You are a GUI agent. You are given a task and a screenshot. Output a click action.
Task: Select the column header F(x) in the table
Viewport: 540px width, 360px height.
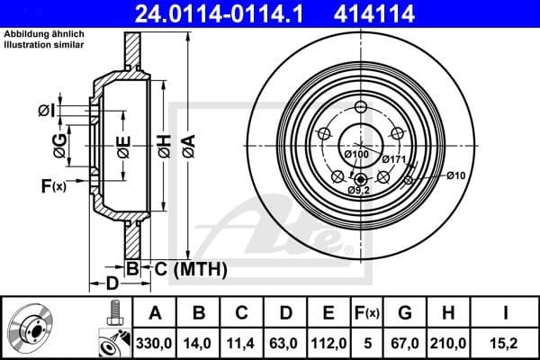369,313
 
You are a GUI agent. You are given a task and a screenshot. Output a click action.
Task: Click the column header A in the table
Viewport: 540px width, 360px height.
154,313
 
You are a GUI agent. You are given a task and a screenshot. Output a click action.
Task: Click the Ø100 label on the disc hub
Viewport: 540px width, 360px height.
358,156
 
